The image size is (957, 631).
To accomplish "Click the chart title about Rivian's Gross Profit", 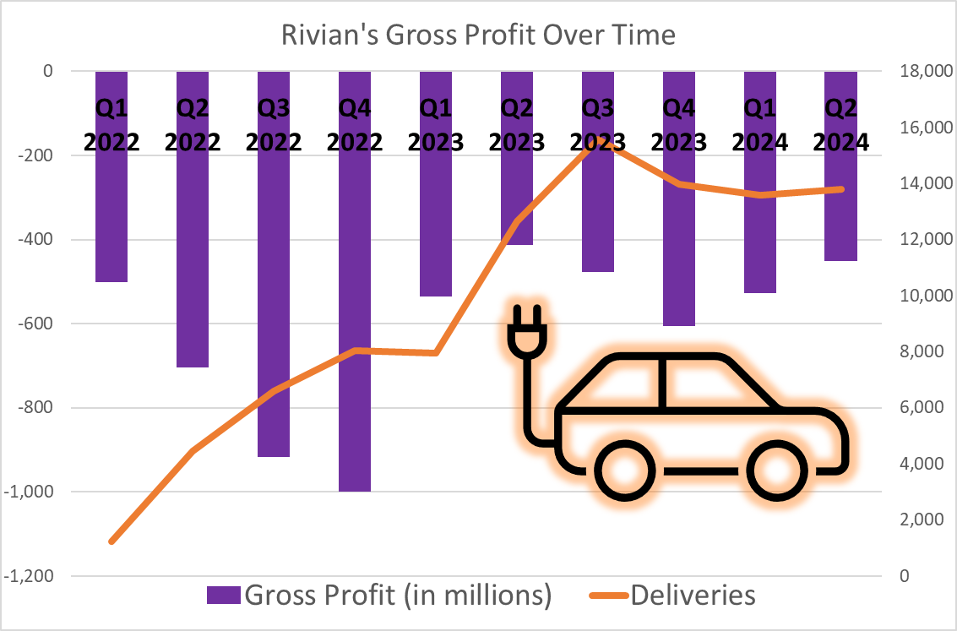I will coord(478,35).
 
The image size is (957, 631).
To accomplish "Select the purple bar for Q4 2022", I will coord(355,338).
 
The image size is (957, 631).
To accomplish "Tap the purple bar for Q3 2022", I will coord(274,321).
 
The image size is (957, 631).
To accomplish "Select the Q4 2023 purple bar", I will coord(679,253).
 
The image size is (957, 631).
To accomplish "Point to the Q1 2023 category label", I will coord(436,125).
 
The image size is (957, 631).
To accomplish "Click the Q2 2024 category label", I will coord(841,125).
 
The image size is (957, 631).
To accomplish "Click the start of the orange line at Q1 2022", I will coord(111,541).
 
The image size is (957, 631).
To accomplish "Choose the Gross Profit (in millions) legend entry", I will coord(380,595).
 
